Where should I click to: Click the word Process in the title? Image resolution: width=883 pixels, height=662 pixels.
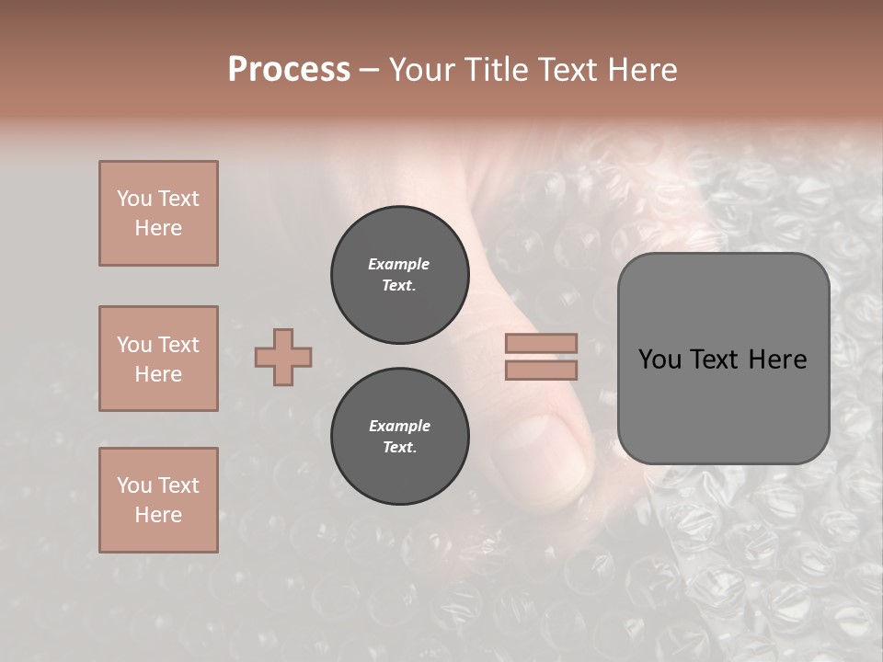click(x=289, y=69)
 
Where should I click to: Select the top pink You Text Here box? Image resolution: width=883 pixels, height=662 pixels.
click(x=158, y=213)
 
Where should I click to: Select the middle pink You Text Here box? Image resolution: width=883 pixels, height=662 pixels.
click(x=158, y=359)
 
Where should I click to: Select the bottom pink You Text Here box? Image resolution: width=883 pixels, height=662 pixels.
click(x=158, y=500)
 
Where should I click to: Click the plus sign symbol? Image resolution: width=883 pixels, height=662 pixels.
click(x=283, y=357)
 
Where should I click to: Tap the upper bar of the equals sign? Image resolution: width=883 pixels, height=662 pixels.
click(x=542, y=343)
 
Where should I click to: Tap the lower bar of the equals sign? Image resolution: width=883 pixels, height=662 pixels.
click(x=542, y=370)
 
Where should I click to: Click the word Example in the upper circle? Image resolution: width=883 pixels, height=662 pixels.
click(x=399, y=264)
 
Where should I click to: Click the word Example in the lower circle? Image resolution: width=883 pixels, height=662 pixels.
click(x=399, y=426)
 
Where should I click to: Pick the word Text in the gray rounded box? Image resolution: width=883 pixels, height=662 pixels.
click(x=713, y=360)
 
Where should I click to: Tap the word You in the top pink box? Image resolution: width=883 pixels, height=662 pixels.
click(x=134, y=199)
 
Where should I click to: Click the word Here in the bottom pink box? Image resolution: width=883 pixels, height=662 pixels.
click(x=158, y=515)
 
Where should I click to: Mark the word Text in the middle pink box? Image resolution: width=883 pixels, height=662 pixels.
click(x=178, y=345)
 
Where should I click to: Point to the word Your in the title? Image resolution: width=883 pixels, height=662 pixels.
click(x=423, y=69)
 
